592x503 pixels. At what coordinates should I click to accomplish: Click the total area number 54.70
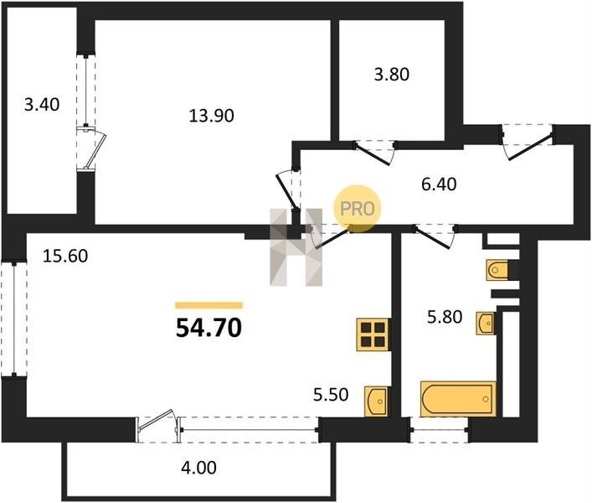pyautogui.click(x=208, y=328)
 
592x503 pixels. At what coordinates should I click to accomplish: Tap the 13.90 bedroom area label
pyautogui.click(x=211, y=116)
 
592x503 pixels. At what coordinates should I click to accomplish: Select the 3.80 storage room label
pyautogui.click(x=392, y=75)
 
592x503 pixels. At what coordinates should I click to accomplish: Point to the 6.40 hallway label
pyautogui.click(x=439, y=184)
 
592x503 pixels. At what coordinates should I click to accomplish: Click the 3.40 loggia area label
pyautogui.click(x=42, y=104)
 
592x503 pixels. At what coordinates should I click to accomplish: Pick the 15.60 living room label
pyautogui.click(x=65, y=257)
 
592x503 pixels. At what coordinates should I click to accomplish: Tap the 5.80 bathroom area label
pyautogui.click(x=445, y=317)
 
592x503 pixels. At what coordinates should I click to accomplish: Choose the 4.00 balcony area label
pyautogui.click(x=199, y=468)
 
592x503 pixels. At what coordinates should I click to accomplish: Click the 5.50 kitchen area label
pyautogui.click(x=331, y=395)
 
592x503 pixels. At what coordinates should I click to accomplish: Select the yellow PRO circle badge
pyautogui.click(x=358, y=208)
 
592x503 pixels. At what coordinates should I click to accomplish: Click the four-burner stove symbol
pyautogui.click(x=373, y=334)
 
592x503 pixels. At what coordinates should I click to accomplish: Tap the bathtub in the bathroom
pyautogui.click(x=458, y=399)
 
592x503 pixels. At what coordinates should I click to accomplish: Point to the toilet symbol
pyautogui.click(x=497, y=270)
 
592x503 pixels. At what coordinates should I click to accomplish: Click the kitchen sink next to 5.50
pyautogui.click(x=377, y=402)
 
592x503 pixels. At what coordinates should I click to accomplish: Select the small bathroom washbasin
pyautogui.click(x=485, y=324)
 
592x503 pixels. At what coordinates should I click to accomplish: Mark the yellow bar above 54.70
pyautogui.click(x=208, y=305)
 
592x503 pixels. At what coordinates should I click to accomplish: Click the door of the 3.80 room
pyautogui.click(x=374, y=153)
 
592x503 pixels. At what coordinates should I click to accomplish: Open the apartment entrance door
pyautogui.click(x=528, y=143)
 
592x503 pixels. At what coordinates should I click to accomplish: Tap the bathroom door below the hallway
pyautogui.click(x=435, y=236)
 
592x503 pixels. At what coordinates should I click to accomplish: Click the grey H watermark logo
pyautogui.click(x=296, y=247)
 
